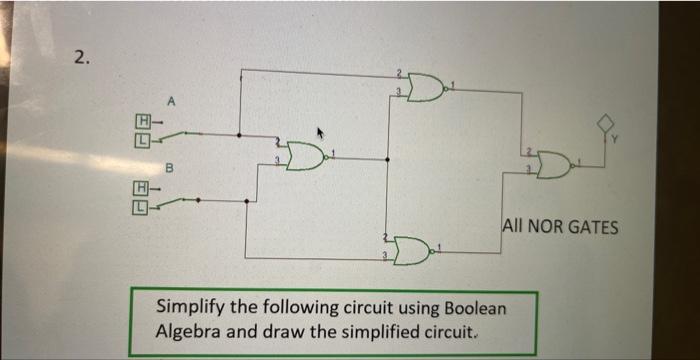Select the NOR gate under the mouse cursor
pos(305,155)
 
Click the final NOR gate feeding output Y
pos(552,164)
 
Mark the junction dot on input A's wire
pos(238,134)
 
